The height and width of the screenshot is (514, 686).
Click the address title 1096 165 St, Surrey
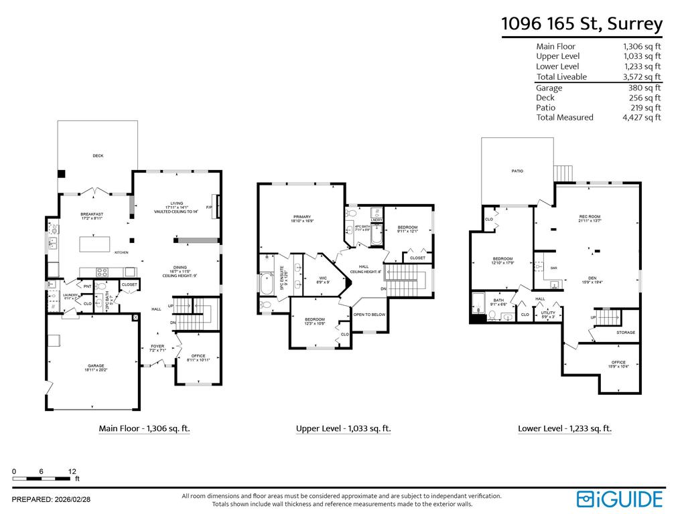coord(581,24)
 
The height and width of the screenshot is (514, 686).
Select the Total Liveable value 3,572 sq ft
coord(641,77)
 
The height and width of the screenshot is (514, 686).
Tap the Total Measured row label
coord(564,117)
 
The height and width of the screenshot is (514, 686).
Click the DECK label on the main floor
coord(98,155)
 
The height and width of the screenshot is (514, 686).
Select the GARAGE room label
coord(93,365)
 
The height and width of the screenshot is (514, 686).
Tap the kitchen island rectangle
coord(94,244)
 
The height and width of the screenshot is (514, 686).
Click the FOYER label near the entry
coord(157,346)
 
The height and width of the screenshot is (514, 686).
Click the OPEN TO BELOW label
coord(369,314)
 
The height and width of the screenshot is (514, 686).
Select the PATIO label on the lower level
coord(517,171)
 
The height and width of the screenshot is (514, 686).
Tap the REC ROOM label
coord(590,216)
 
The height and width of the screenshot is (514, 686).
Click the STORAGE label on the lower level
coord(626,333)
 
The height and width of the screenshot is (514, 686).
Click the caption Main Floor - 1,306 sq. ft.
coord(144,428)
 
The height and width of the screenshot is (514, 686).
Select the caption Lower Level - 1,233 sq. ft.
coord(564,428)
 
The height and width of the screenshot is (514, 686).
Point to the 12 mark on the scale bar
coord(72,471)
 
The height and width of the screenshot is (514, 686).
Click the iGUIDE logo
coord(620,499)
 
